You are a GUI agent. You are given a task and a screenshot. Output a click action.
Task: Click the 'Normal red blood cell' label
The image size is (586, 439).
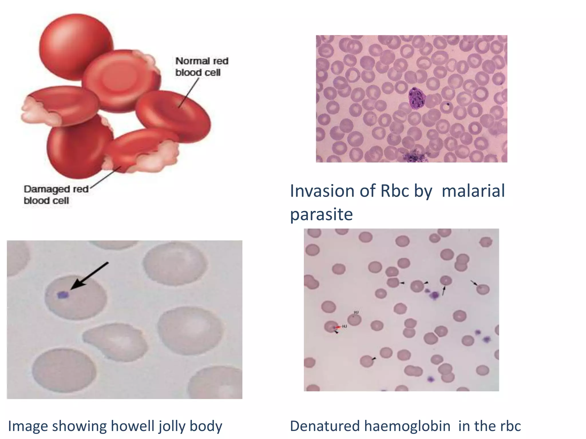click(x=201, y=67)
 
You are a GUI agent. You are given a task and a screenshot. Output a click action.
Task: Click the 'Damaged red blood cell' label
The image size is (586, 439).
click(x=56, y=195)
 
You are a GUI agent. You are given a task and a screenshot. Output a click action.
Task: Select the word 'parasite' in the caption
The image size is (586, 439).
click(x=321, y=214)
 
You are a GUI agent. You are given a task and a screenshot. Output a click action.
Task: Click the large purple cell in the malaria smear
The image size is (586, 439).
click(x=417, y=99)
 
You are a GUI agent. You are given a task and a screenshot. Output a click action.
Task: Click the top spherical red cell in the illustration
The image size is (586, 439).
click(x=76, y=46)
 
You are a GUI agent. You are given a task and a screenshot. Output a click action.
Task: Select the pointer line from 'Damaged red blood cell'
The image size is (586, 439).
click(x=106, y=177)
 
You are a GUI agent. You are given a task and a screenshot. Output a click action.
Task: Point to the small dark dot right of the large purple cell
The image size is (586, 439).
click(x=448, y=104)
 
